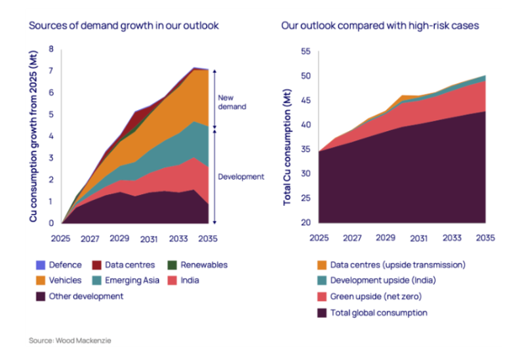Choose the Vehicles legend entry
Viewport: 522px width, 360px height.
65,280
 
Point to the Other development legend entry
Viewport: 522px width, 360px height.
86,296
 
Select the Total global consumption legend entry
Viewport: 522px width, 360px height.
378,313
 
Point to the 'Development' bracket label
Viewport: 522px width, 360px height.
241,176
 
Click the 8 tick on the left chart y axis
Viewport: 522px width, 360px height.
51,50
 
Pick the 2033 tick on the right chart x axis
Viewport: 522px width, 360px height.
452,237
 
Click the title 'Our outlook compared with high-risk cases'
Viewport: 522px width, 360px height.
380,26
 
